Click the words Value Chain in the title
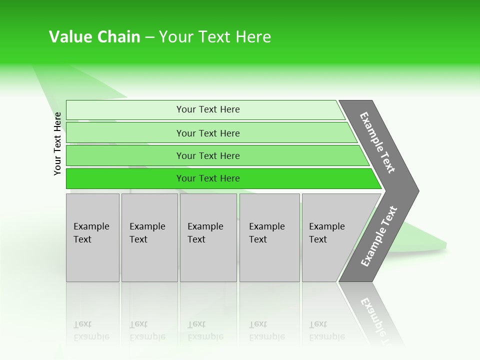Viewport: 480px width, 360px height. click(94, 37)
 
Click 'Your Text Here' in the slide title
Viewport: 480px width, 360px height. click(215, 37)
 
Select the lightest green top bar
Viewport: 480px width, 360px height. click(125, 110)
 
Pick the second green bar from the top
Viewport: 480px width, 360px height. click(125, 133)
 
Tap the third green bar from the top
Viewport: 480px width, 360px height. click(125, 155)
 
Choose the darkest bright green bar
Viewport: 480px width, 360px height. click(125, 178)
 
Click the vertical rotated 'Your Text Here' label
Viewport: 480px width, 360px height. click(57, 144)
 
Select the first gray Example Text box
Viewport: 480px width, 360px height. click(92, 237)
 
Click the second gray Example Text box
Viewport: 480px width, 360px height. click(149, 237)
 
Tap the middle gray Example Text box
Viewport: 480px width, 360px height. click(208, 237)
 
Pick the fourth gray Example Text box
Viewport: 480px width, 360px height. click(269, 237)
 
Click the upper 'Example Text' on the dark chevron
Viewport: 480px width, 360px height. click(377, 142)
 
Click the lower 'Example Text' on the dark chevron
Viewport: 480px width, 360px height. click(379, 236)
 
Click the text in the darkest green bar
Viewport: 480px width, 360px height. click(208, 178)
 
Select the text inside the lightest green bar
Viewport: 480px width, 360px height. click(208, 109)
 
